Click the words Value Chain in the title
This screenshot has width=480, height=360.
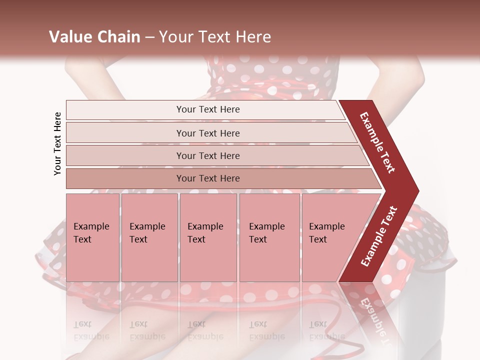94,37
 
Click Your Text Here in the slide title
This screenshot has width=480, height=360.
215,37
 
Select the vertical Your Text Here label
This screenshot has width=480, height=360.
57,143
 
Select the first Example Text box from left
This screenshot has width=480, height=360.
92,237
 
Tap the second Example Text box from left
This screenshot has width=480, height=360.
149,237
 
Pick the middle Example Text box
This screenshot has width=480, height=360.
208,237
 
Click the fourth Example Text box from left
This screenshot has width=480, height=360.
269,237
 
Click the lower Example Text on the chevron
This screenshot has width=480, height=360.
379,236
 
